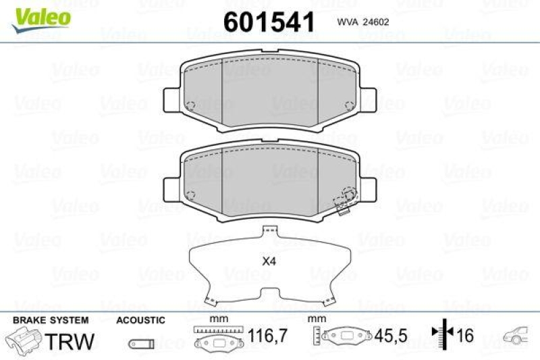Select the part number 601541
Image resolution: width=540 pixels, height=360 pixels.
[x=269, y=22]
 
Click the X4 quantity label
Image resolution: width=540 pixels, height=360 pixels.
[x=270, y=261]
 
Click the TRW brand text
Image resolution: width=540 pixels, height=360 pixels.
[x=70, y=340]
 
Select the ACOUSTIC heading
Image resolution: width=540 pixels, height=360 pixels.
[x=141, y=319]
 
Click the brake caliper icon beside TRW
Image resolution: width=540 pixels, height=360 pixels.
[x=24, y=340]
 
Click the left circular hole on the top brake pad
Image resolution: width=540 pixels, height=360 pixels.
[x=190, y=105]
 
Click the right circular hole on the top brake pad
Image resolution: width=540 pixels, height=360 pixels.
[x=349, y=105]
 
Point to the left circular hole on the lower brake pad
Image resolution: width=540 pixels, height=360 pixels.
[x=190, y=196]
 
